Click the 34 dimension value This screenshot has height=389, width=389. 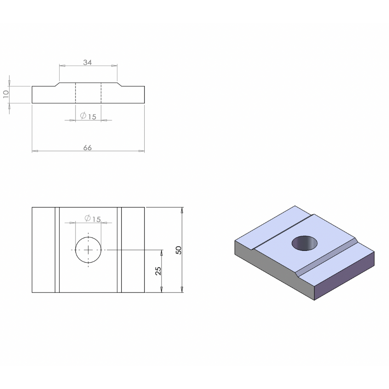pos(88,62)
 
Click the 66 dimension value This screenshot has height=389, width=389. pos(88,148)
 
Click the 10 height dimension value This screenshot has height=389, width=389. pos(6,94)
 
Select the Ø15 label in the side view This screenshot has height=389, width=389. pos(88,116)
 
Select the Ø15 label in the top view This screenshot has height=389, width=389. pos(92,219)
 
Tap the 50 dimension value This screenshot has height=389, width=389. pos(179,250)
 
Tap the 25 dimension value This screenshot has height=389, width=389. pos(158,271)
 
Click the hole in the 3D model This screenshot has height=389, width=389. pos(305,244)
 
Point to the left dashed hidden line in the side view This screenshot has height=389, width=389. pos(75,93)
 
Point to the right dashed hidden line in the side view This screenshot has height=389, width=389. pos(101,93)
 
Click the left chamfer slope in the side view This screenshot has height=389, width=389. pos(57,84)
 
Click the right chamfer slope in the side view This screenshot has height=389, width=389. pos(119,84)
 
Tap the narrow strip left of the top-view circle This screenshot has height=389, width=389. pos(57,250)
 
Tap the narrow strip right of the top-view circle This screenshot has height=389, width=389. pos(119,250)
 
